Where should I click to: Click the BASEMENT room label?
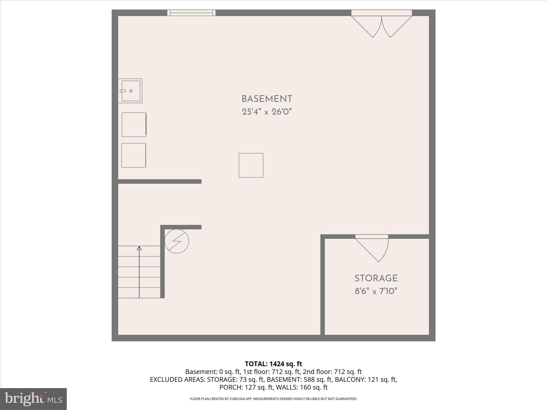(x=267, y=99)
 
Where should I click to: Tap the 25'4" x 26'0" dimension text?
(x=267, y=112)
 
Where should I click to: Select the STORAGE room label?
(x=376, y=278)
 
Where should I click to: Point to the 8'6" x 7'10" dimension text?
(x=376, y=291)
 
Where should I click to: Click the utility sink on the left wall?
(x=130, y=91)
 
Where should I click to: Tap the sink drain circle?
(x=131, y=91)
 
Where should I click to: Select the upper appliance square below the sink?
(x=134, y=125)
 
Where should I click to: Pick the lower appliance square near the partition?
(x=134, y=155)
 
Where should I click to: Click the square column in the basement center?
(x=251, y=165)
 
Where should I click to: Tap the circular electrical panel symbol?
(x=177, y=241)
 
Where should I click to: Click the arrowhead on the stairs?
(x=139, y=248)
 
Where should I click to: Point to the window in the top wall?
(x=191, y=13)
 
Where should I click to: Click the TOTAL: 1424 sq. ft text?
(x=273, y=364)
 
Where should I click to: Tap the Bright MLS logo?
(x=33, y=399)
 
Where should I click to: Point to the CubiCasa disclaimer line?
(x=273, y=399)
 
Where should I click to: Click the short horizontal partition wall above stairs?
(x=160, y=182)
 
